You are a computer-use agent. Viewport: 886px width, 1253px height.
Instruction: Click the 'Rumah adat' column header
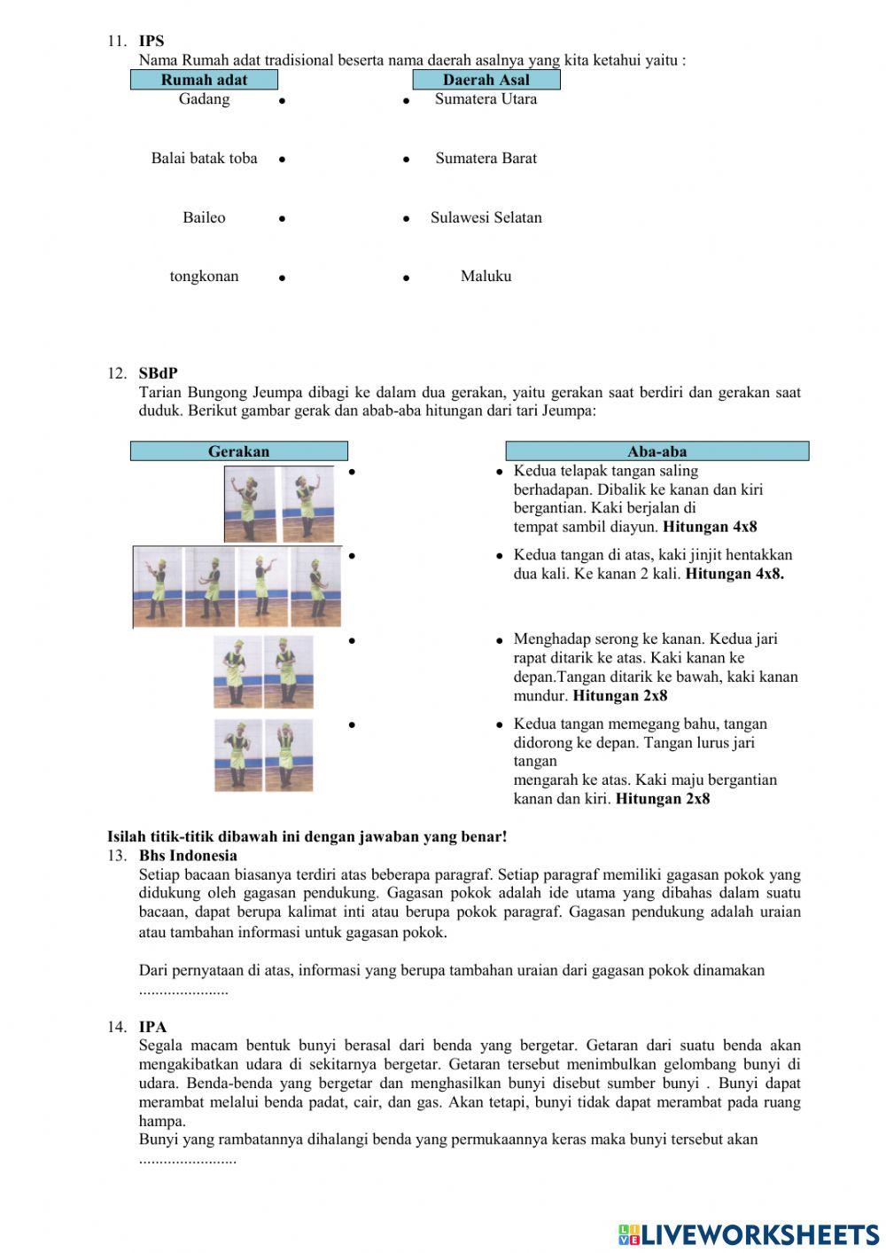pos(204,80)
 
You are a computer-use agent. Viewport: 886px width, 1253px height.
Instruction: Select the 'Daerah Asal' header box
pos(486,80)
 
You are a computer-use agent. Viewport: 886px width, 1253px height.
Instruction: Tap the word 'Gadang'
pos(204,99)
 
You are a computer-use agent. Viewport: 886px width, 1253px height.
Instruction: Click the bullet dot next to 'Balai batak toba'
pos(282,161)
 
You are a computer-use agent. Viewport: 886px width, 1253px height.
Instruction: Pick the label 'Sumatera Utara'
pos(486,99)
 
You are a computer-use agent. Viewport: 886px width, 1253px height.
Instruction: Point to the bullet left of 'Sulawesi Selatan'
pos(406,219)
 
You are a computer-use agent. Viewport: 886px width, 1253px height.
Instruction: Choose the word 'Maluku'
pos(486,277)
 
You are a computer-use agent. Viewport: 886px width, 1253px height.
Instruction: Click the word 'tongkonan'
pos(204,277)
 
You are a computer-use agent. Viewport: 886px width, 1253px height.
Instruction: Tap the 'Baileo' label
pos(204,218)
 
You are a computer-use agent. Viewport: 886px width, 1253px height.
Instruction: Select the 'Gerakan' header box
pos(238,451)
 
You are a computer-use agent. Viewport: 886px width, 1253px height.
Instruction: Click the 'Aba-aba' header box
pos(657,451)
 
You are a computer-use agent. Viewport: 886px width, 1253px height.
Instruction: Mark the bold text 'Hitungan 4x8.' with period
pos(734,574)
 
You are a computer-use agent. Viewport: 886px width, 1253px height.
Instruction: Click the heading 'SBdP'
pos(158,373)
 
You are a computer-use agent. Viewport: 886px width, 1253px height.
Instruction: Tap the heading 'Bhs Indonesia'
pos(188,856)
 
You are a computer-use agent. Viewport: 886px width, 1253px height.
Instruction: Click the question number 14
pos(117,1027)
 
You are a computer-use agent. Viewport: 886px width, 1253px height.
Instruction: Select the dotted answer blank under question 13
pos(183,991)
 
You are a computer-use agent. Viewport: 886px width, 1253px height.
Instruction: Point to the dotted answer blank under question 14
pos(187,1160)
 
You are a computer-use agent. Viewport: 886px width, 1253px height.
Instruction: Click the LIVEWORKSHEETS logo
pos(749,1234)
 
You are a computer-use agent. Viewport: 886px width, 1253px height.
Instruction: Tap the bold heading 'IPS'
pos(152,41)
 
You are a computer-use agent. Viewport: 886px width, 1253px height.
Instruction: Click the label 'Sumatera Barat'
pos(486,159)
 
